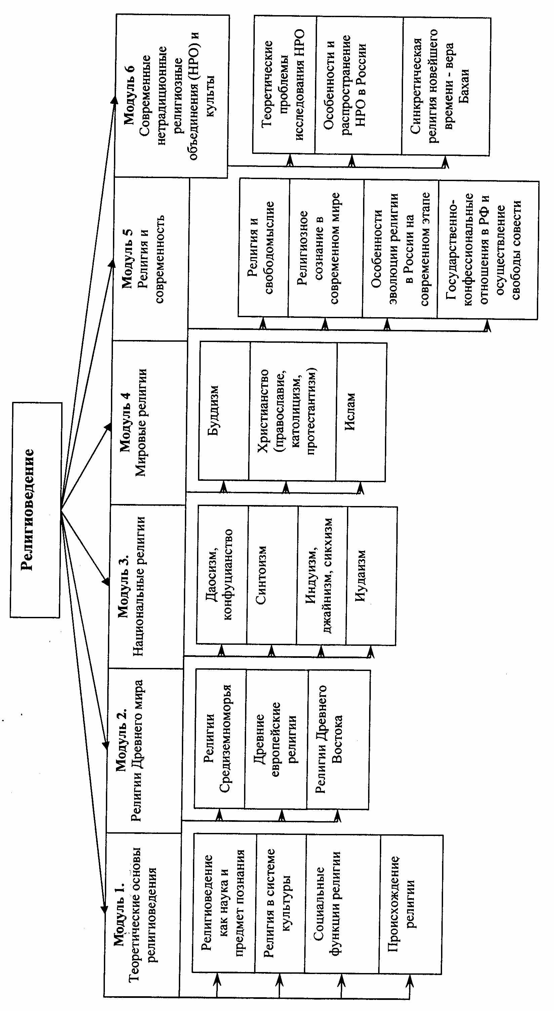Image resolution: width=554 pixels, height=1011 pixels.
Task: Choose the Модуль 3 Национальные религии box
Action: pos(146,586)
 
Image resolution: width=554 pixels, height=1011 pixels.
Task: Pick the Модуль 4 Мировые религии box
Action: pos(148,422)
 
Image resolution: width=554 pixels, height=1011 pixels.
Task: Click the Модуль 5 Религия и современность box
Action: pos(150,259)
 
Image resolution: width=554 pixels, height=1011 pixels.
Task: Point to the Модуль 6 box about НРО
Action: pos(171,96)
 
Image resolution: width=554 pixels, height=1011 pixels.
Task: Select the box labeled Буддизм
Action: pos(224,411)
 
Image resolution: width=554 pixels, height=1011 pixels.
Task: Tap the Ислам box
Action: pos(361,412)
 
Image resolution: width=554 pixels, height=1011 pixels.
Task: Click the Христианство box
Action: pos(292,411)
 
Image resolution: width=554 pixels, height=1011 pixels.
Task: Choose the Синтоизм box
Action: pos(272,575)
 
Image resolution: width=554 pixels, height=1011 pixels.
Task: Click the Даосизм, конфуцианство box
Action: pos(222,575)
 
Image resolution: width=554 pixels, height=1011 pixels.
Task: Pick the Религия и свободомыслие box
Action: pos(263,248)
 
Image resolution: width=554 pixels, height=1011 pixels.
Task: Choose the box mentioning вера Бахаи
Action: pos(446,86)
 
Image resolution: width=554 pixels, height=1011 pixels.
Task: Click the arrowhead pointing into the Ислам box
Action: pos(360,488)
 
